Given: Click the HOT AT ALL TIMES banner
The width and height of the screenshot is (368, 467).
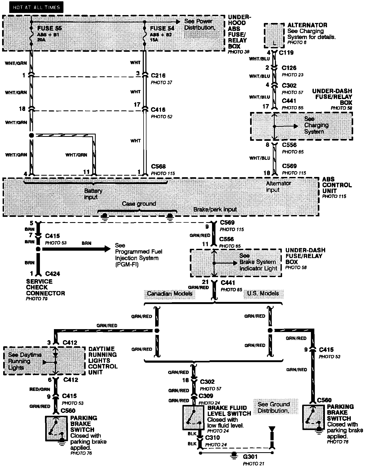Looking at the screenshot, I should coord(36,7).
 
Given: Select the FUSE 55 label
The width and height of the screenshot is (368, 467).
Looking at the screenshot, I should coord(49,28).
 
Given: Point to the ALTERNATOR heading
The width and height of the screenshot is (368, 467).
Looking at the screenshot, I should coord(307,25).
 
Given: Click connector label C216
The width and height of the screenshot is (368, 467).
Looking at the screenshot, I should coord(158,76).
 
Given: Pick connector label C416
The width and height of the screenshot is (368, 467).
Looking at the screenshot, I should coord(158,110).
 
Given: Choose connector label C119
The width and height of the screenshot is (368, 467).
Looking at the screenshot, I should coord(286,53).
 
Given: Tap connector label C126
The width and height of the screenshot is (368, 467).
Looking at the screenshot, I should coord(289,68).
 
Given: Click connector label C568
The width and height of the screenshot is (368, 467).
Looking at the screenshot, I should coord(158,166).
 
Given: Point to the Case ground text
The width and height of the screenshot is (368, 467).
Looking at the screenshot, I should coord(139,204).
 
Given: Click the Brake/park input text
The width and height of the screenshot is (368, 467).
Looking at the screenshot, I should coord(215,209).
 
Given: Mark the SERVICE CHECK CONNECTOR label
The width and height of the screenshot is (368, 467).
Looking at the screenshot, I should coord(45,287).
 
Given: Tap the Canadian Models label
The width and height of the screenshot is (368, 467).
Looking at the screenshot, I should coord(169,294).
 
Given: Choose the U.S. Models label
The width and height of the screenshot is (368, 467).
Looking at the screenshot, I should coord(263,293).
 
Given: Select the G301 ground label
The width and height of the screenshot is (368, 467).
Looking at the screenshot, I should coord(250,457).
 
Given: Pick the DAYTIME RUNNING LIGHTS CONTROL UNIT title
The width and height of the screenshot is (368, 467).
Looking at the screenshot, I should coord(103,361).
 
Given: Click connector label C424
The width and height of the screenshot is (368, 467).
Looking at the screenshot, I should coord(52,274).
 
